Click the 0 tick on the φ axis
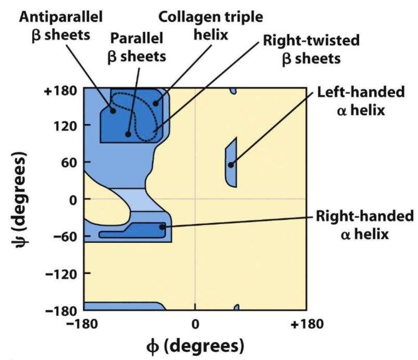click(195, 324)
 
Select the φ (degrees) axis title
click(195, 345)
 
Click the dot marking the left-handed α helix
click(231, 165)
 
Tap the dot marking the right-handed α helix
click(162, 227)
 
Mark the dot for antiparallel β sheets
click(113, 110)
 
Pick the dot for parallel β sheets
click(128, 134)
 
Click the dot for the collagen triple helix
click(155, 104)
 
